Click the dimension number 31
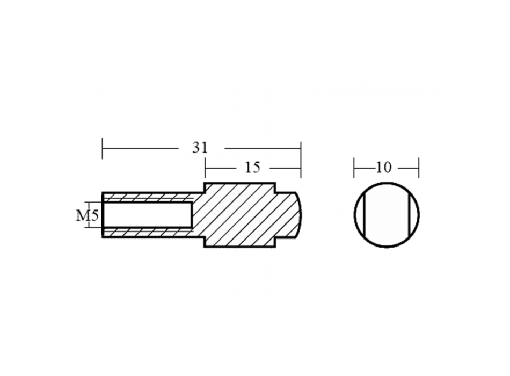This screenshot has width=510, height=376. click(x=200, y=148)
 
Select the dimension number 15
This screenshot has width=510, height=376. click(x=253, y=168)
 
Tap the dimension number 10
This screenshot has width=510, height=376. click(x=384, y=168)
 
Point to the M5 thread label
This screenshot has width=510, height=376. click(x=87, y=215)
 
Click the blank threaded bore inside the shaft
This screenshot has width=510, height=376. click(x=147, y=215)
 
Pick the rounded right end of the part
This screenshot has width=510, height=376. click(x=298, y=215)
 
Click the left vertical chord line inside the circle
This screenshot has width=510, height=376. click(x=365, y=215)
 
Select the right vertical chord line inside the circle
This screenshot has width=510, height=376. click(x=407, y=215)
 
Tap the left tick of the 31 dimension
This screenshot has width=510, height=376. click(x=103, y=148)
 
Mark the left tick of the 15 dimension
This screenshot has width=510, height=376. click(x=205, y=168)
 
